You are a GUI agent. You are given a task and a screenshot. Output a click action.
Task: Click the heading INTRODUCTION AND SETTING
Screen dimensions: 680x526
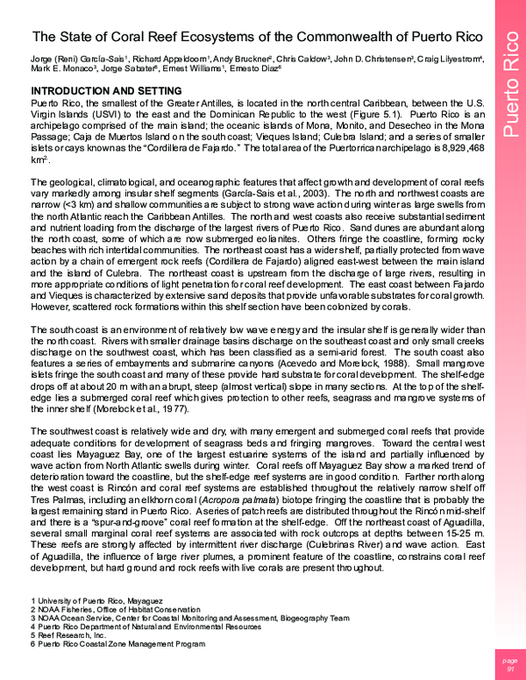pyautogui.click(x=106, y=92)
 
